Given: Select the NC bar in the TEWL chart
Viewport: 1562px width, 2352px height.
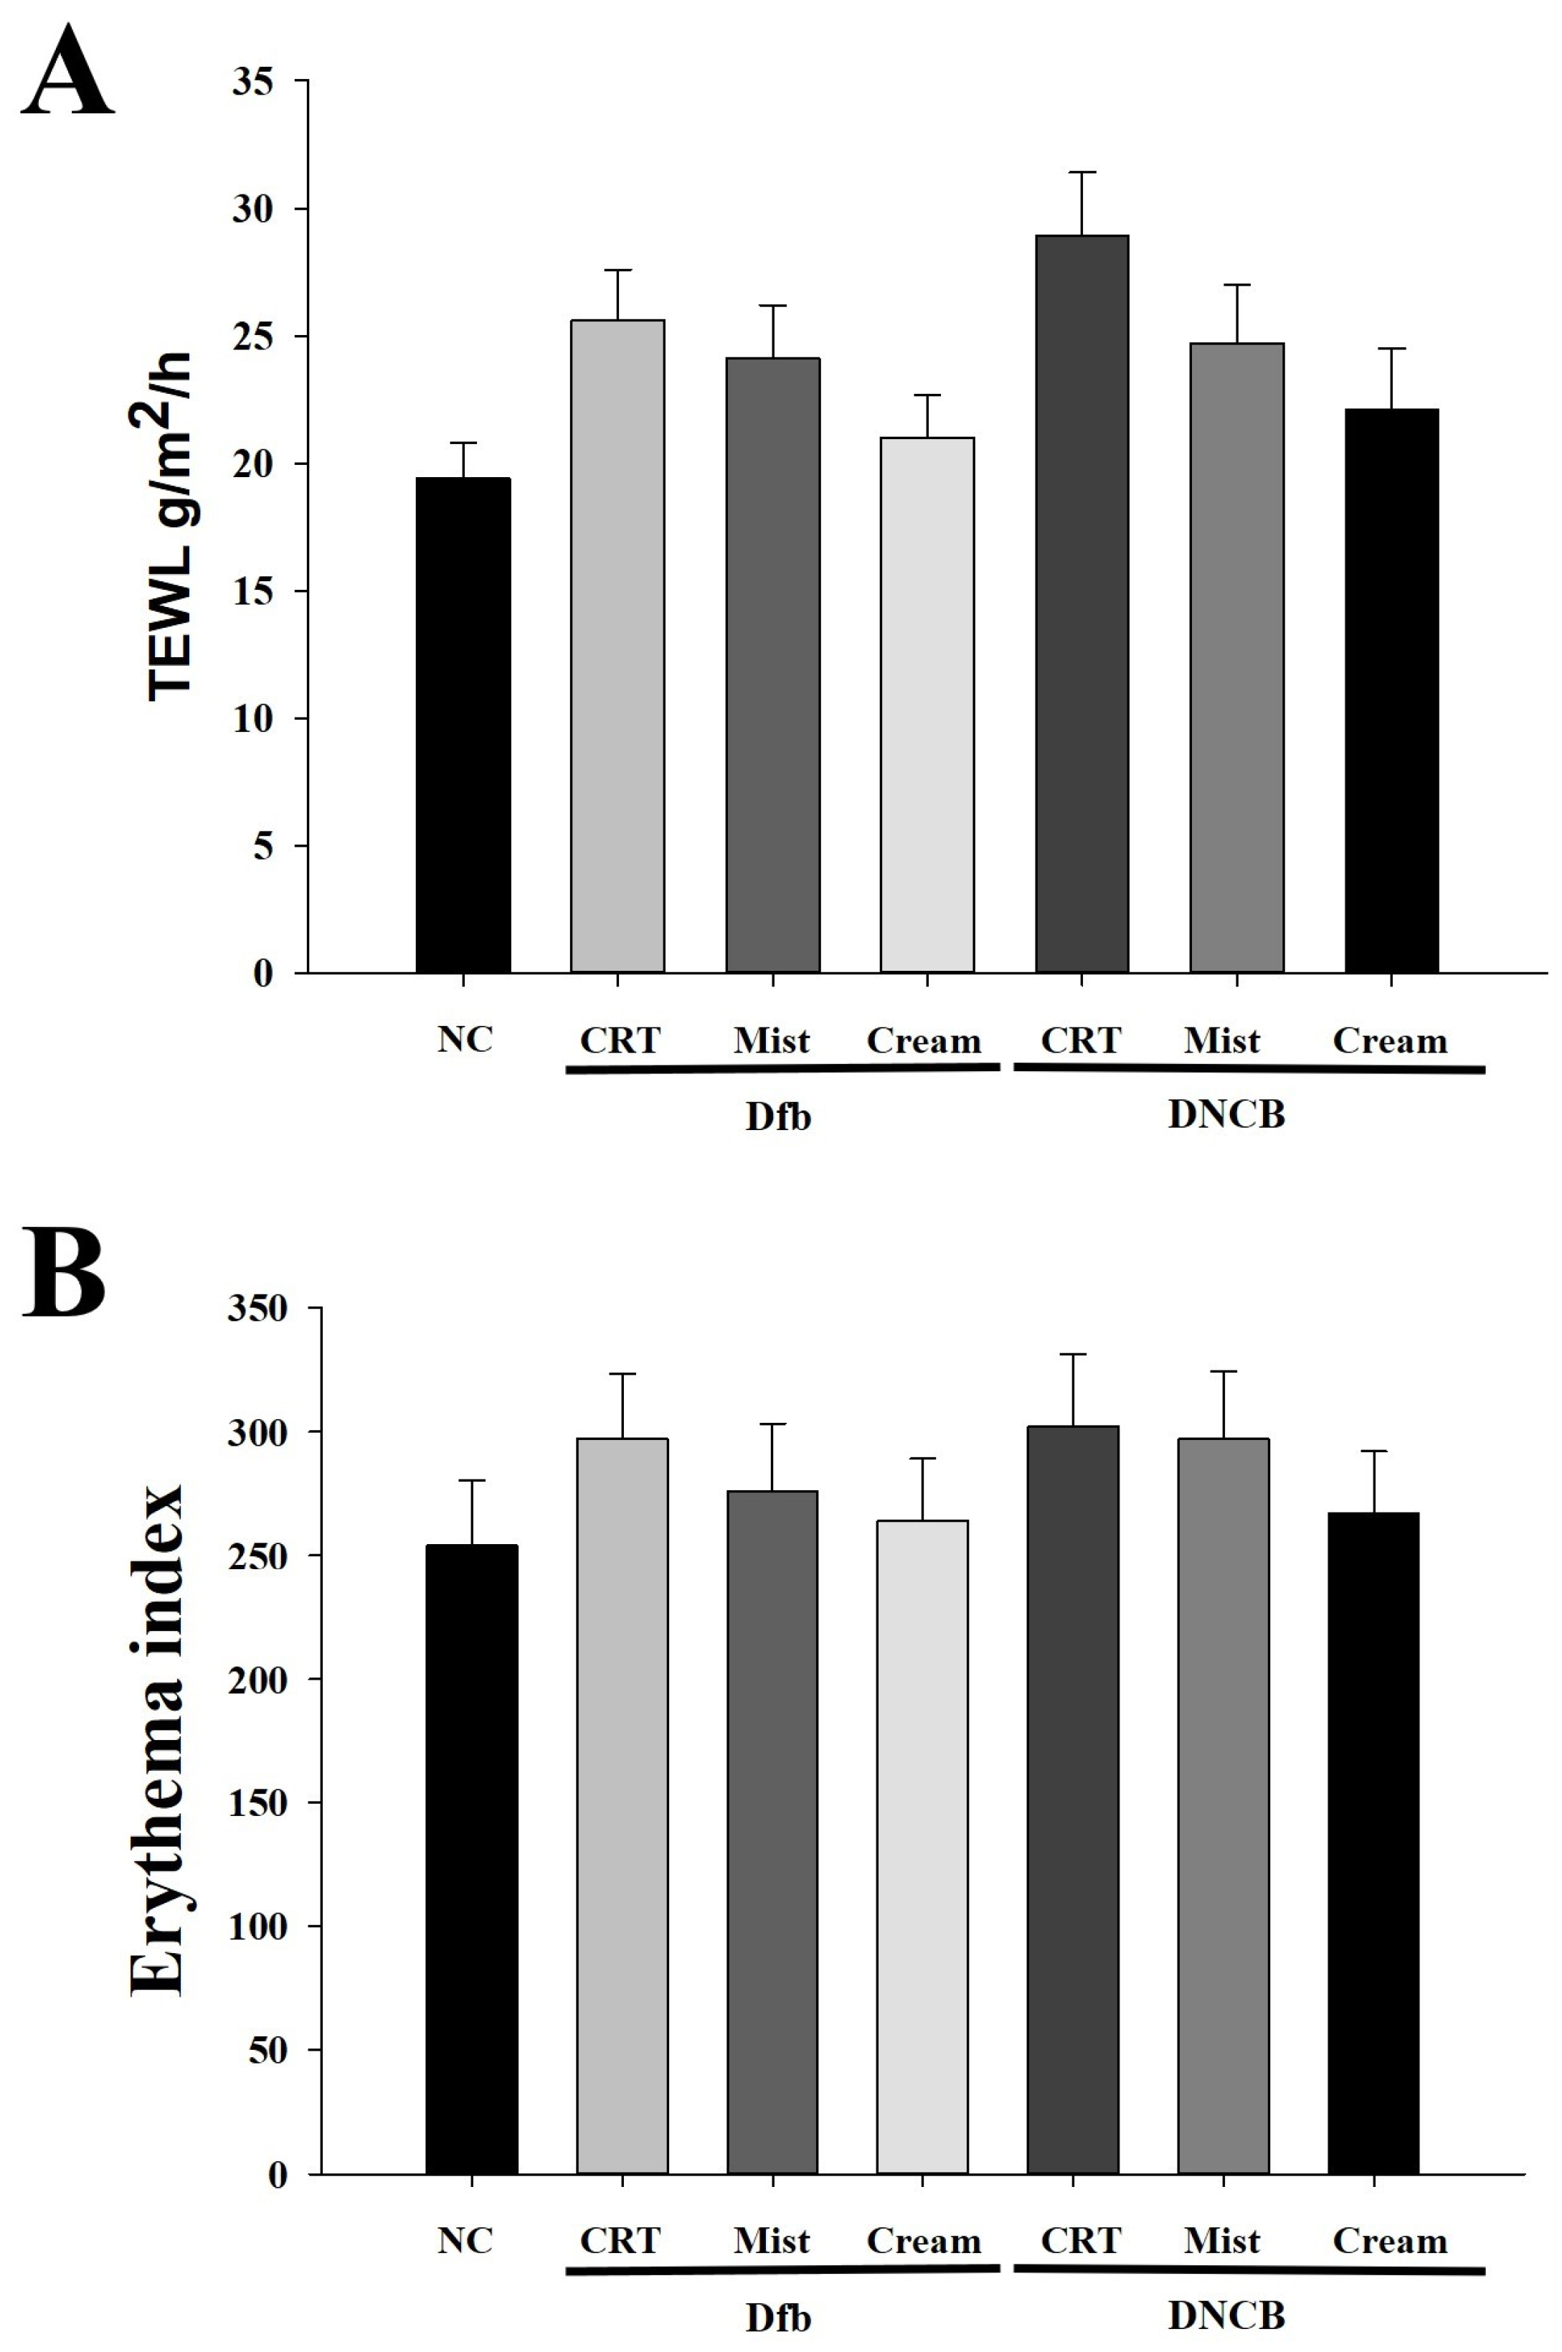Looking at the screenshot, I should [463, 725].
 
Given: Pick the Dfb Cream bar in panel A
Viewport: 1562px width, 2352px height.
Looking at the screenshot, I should [927, 704].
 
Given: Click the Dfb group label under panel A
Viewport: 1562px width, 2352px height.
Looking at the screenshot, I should [778, 1117].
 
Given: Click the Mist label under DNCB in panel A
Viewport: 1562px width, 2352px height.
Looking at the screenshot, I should [1221, 1041].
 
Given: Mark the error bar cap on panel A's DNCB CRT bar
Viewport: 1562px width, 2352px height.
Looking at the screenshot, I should [1081, 172].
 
